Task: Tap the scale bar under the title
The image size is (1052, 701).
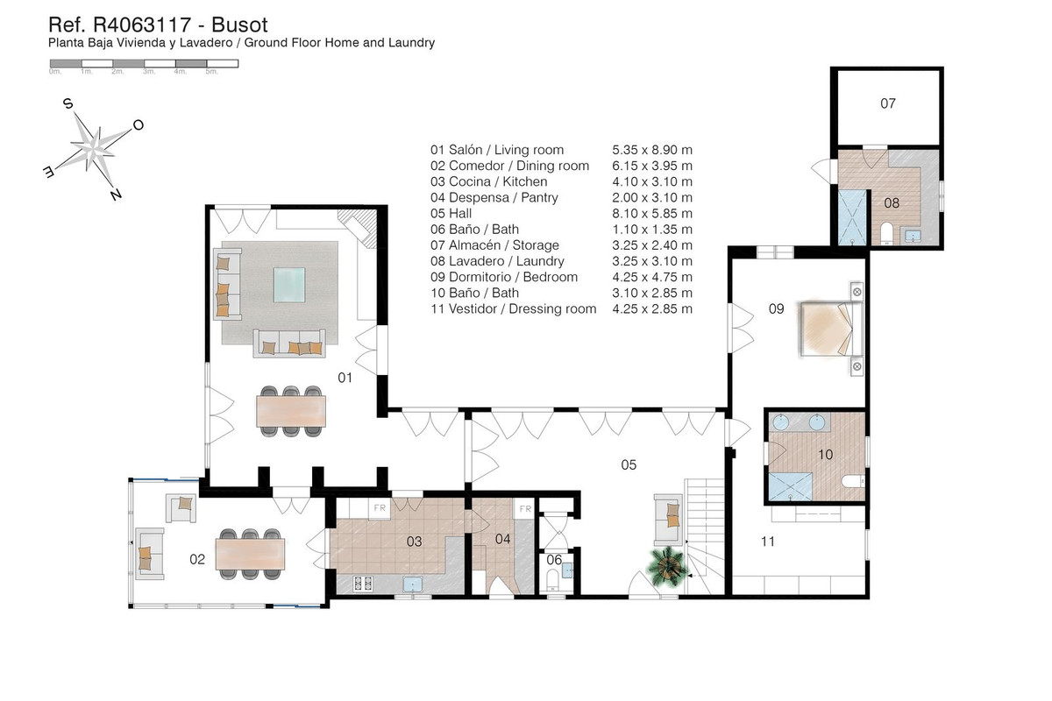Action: (144, 63)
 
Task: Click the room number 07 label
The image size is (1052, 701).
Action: (888, 103)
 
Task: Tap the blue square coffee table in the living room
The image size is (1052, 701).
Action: (290, 284)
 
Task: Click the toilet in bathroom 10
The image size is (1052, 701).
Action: (849, 482)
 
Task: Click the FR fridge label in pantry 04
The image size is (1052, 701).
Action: (524, 508)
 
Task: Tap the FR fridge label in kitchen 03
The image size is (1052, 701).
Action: (380, 507)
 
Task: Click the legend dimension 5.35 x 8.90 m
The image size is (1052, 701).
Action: (651, 150)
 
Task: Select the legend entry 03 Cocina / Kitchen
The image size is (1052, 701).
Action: (488, 181)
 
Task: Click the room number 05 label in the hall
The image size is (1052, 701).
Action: (628, 464)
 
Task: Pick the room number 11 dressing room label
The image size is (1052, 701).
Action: (768, 542)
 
